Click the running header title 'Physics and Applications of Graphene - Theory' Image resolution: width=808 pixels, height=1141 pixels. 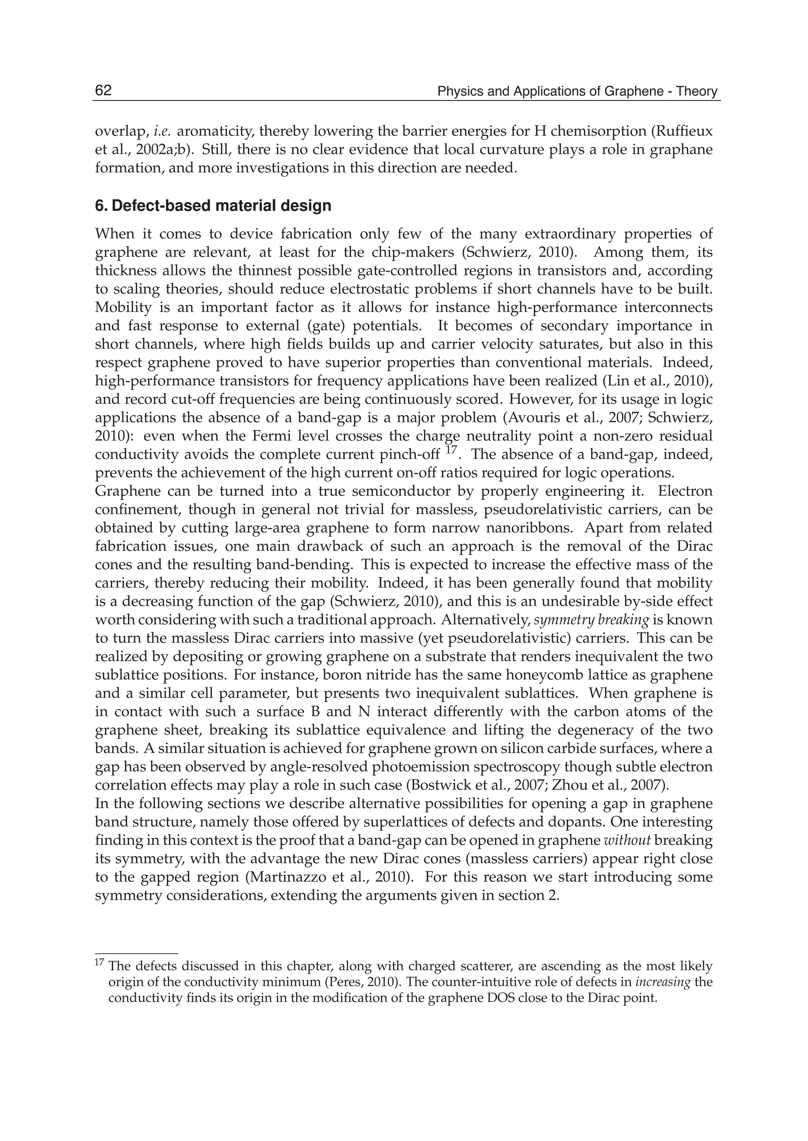[x=577, y=92]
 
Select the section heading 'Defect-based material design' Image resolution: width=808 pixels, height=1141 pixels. [x=221, y=206]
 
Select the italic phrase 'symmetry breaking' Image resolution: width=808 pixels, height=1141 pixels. [x=591, y=620]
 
